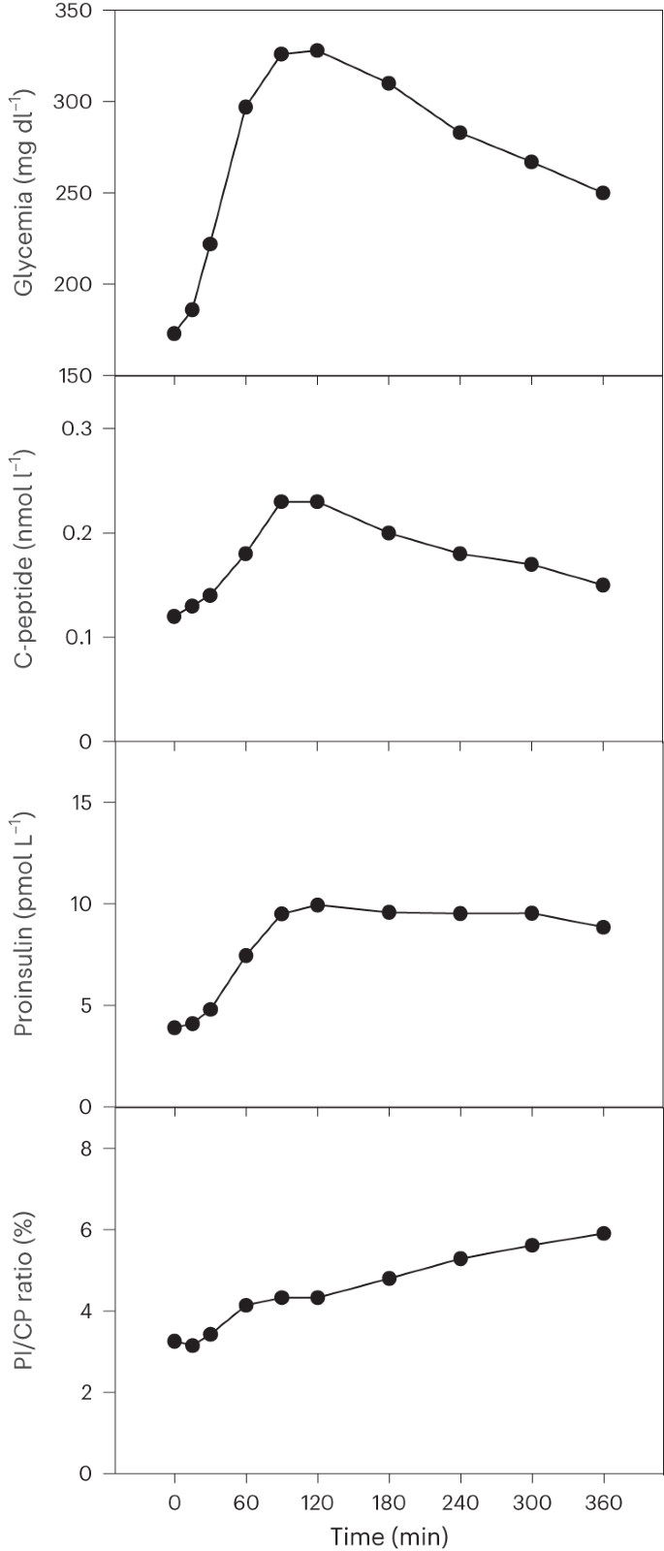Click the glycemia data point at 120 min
tap(317, 50)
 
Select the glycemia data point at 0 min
tap(174, 333)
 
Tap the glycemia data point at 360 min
tap(603, 193)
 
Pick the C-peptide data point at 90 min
tap(281, 501)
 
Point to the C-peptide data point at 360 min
tap(603, 585)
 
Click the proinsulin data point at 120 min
tap(317, 904)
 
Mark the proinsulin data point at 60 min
tap(246, 955)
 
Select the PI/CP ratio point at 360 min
tap(603, 1233)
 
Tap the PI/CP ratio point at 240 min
tap(460, 1258)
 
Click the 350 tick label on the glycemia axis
tap(74, 11)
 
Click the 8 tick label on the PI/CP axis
tap(86, 1149)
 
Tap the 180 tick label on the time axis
tap(389, 1502)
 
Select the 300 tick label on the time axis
tap(531, 1502)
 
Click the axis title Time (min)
tap(389, 1536)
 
